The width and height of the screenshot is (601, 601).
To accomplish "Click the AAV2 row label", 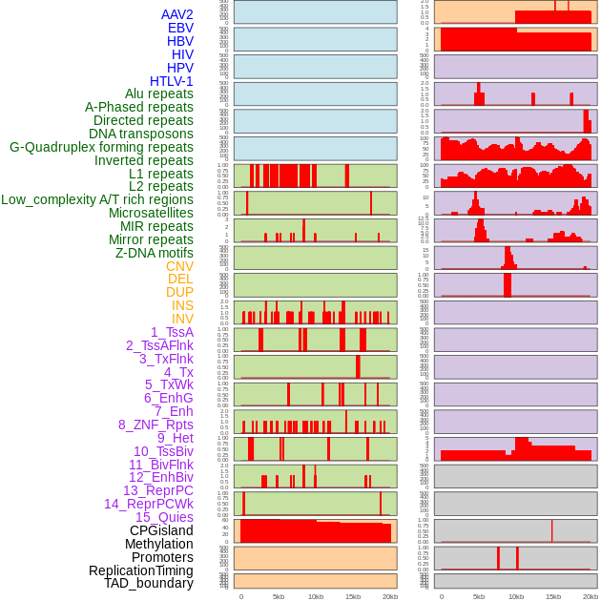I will pos(177,14).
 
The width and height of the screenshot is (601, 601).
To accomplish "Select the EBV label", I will pos(180,28).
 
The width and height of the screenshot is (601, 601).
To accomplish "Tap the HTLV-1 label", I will pos(172,81).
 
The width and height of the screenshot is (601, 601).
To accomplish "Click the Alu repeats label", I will pos(159,93).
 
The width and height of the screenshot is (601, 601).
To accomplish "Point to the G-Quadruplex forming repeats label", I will pos(101,147).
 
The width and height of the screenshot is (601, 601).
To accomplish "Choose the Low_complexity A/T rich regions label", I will pos(97,199).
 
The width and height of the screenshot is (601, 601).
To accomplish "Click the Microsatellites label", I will pos(151,213).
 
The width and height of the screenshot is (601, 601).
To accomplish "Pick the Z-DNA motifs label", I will pos(155,253).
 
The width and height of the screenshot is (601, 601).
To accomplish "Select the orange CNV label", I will pos(179,266).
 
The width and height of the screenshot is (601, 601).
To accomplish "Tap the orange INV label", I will pos(182,319).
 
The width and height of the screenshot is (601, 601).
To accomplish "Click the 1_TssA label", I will pos(172,332).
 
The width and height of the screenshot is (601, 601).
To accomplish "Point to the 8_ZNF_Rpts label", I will pos(155,425).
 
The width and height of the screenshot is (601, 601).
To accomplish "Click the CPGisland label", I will pos(161,530).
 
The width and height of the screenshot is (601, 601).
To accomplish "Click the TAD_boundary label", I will pos(149,583).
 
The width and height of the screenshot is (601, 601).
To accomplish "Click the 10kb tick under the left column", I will pos(316,596).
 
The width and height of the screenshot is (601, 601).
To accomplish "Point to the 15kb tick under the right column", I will pos(553,596).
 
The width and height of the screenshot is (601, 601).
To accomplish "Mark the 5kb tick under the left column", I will pos(279,596).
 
